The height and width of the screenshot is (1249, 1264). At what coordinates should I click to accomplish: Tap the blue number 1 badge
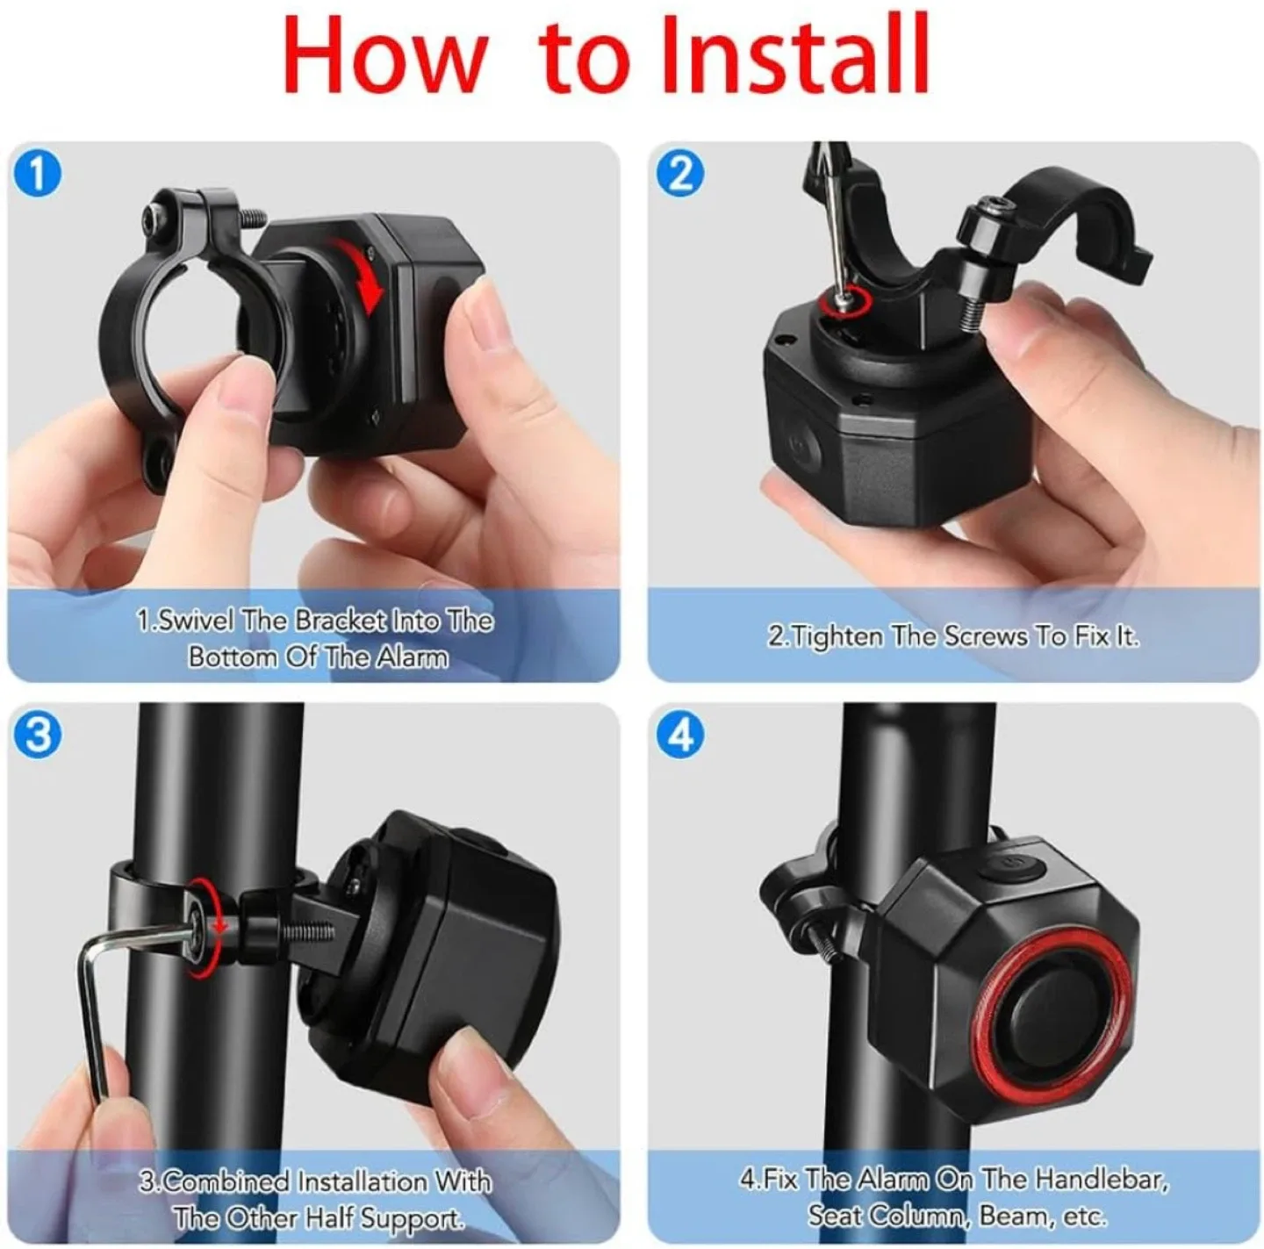pos(37,173)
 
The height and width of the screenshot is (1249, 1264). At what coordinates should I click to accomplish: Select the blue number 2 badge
pos(680,173)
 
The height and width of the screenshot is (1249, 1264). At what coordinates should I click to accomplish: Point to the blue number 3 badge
pos(37,734)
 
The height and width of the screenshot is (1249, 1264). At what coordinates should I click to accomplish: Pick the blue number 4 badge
pos(680,734)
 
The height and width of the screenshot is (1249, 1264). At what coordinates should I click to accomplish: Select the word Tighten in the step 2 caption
pos(837,635)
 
